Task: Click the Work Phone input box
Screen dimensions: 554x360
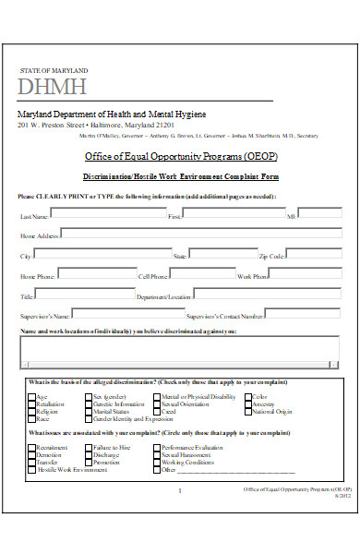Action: (x=304, y=274)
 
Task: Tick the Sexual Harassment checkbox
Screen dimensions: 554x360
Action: (x=158, y=454)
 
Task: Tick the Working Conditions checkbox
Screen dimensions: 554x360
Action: (x=158, y=463)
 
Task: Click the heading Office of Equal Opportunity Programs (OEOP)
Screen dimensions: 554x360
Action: (x=180, y=156)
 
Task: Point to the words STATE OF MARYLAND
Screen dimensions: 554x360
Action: (x=54, y=70)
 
